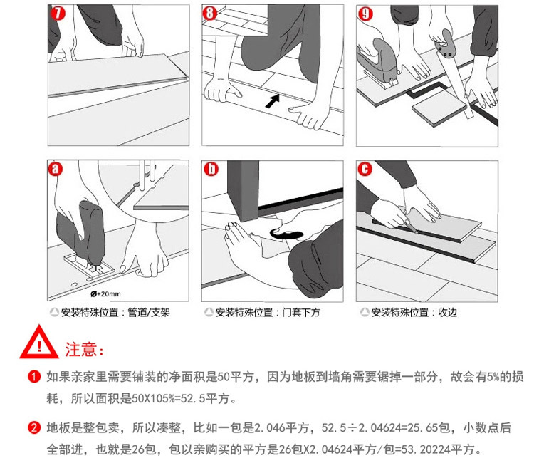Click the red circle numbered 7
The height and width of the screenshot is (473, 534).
pos(58,14)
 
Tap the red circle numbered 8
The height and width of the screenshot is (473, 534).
pos(210,14)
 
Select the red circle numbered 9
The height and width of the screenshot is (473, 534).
pos(365,14)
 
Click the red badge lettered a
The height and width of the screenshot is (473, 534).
pos(56,169)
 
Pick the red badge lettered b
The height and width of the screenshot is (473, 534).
pos(211,169)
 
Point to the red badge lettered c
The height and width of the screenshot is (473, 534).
pos(365,169)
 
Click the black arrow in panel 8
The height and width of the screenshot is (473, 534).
pos(273,101)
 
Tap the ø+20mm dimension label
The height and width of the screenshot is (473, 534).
pos(105,293)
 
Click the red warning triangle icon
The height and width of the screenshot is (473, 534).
pos(39,342)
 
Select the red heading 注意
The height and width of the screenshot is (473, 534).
pos(84,349)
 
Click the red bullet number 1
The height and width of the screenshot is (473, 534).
pos(34,377)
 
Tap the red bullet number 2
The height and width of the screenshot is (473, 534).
pos(34,427)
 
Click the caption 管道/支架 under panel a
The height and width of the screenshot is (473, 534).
pos(149,313)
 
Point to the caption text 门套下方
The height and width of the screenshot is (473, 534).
pos(301,313)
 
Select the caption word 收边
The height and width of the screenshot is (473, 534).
pos(448,313)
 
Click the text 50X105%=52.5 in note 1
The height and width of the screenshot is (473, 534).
pos(169,398)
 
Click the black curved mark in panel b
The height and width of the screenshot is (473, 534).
pos(286,234)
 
